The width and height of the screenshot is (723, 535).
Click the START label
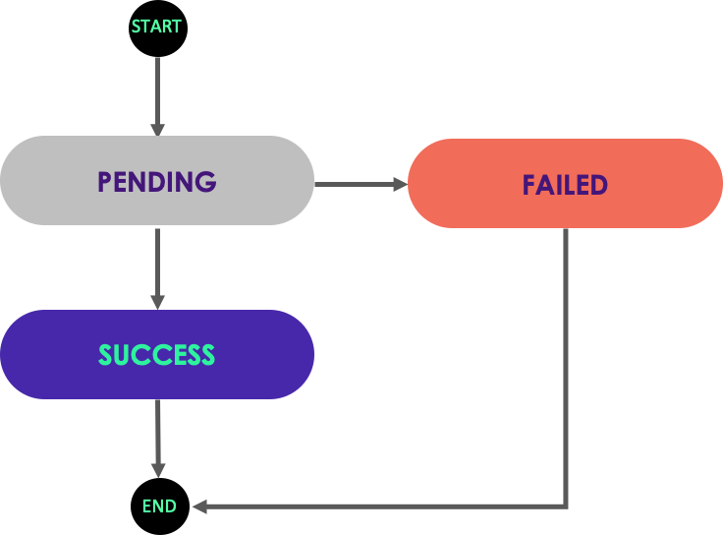(156, 27)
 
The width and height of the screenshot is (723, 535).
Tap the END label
(159, 506)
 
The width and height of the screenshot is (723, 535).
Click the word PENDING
(156, 182)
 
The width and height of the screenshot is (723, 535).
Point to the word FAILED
(565, 185)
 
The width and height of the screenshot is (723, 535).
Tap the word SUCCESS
(156, 355)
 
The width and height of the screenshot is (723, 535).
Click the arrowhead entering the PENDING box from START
(157, 129)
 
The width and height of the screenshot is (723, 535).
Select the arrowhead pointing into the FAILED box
(400, 184)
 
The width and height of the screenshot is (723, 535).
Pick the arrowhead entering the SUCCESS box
(157, 302)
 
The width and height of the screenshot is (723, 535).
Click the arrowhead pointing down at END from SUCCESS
(157, 470)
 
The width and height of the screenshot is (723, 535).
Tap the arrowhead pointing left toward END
(199, 506)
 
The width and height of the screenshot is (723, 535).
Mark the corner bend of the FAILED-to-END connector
(566, 505)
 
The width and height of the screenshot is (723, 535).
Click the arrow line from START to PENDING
(157, 89)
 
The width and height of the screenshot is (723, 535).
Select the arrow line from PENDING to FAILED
(354, 184)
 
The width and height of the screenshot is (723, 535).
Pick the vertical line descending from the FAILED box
(566, 364)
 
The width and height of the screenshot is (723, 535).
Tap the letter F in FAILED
(528, 185)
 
